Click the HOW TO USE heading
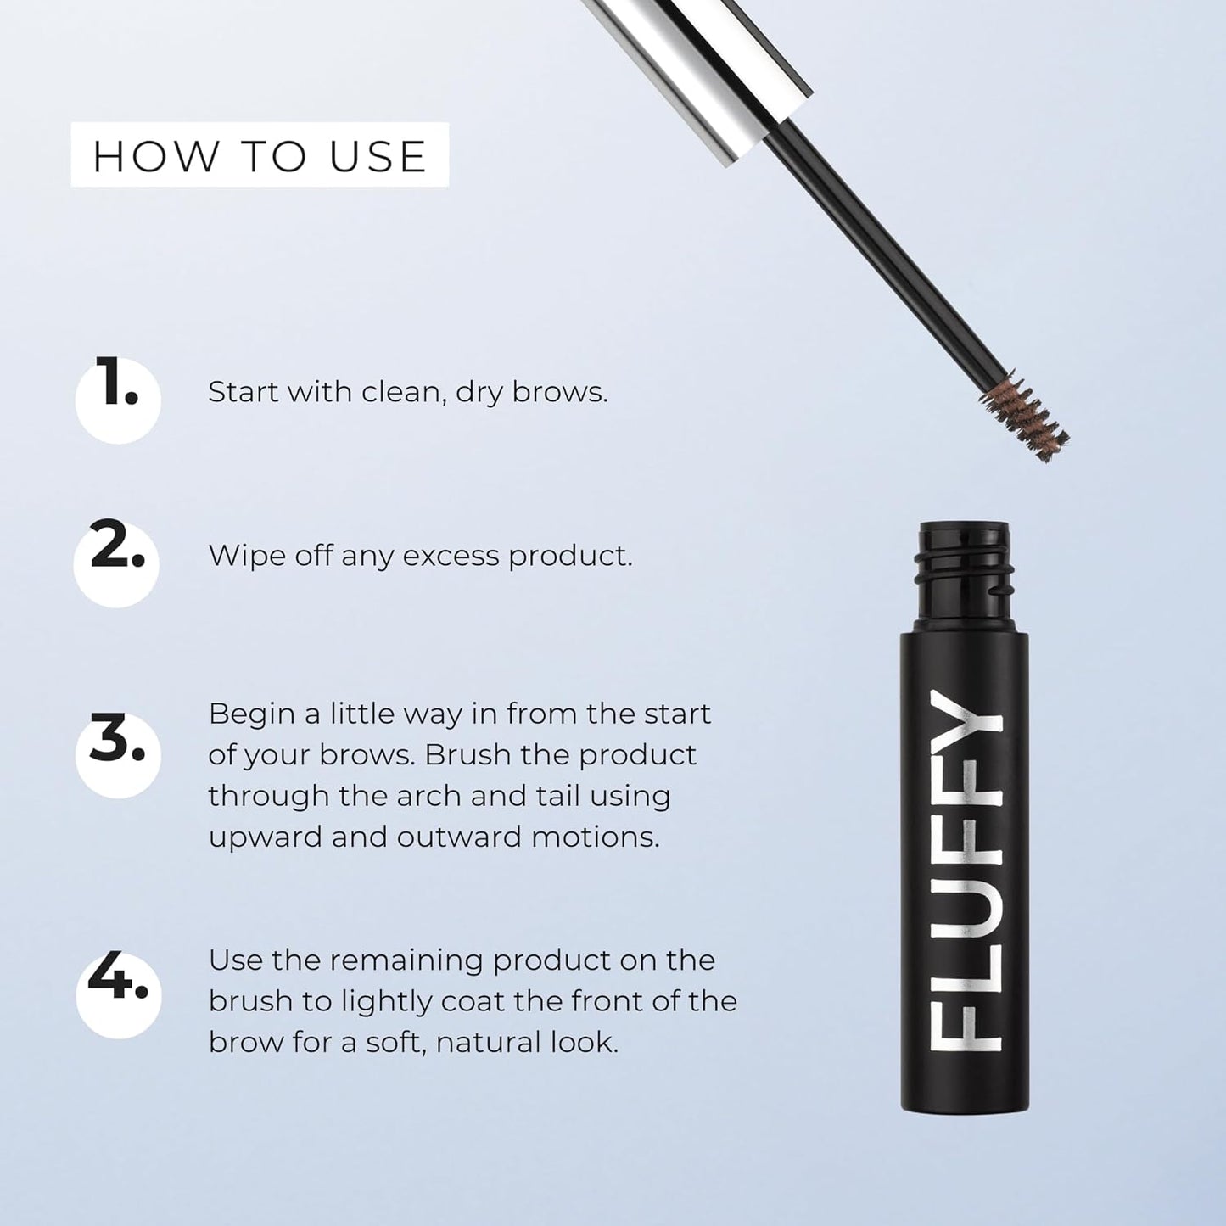tap(259, 156)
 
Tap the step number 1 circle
tap(118, 400)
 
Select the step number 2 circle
tap(117, 563)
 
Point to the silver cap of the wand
tap(704, 68)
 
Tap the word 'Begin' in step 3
tap(251, 714)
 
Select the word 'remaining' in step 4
tap(406, 960)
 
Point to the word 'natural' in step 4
tap(489, 1042)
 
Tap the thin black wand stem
tap(882, 255)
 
